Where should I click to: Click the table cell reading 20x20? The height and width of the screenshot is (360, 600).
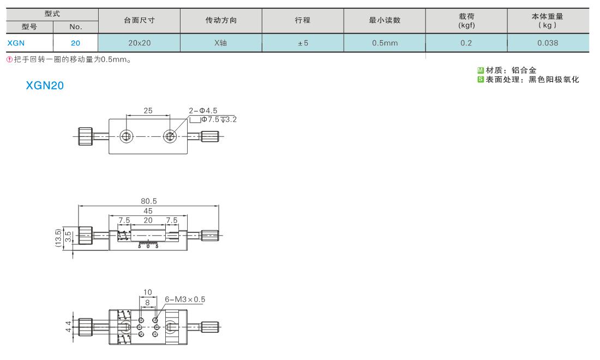tap(139, 43)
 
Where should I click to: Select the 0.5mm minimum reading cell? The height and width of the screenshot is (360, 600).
tap(385, 43)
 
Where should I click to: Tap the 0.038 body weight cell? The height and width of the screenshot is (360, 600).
tap(548, 43)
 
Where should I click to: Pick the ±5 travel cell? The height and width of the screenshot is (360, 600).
tap(303, 43)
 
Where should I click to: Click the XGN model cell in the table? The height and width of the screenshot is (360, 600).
tap(16, 43)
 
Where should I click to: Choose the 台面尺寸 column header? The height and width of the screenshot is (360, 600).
tap(139, 20)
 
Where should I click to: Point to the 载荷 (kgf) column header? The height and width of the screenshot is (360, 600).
tap(466, 21)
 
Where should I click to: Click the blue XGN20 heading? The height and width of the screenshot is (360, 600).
tap(45, 85)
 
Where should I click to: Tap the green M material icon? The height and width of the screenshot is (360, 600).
tap(481, 70)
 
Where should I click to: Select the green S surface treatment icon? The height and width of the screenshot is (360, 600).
tap(481, 80)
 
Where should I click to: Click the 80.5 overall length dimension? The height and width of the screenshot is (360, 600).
tap(148, 201)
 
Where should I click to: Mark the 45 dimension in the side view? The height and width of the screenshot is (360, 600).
tap(148, 211)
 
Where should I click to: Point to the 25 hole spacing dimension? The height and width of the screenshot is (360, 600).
tap(148, 111)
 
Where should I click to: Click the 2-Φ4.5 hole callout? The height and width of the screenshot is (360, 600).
tap(203, 111)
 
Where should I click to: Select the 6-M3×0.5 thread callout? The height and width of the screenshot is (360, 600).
tap(185, 299)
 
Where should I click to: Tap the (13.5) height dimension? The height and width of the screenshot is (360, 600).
tap(58, 238)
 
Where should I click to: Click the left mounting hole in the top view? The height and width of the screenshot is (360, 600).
tap(127, 136)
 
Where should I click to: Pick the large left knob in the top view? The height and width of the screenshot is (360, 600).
tap(85, 136)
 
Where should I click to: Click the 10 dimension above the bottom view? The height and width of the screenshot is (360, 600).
tap(148, 292)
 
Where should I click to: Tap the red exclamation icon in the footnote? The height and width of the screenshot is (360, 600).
tap(10, 59)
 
